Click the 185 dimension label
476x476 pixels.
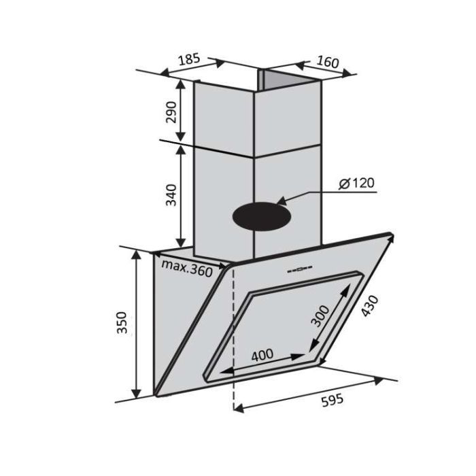[189, 59]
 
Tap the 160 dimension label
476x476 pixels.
[328, 62]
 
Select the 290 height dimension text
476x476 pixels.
[171, 112]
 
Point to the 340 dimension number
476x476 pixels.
[171, 195]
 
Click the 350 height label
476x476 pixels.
[122, 322]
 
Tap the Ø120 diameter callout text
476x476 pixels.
[357, 183]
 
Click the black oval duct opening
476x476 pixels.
[262, 216]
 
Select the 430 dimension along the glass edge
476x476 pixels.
[370, 305]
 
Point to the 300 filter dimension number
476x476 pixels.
[320, 316]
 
